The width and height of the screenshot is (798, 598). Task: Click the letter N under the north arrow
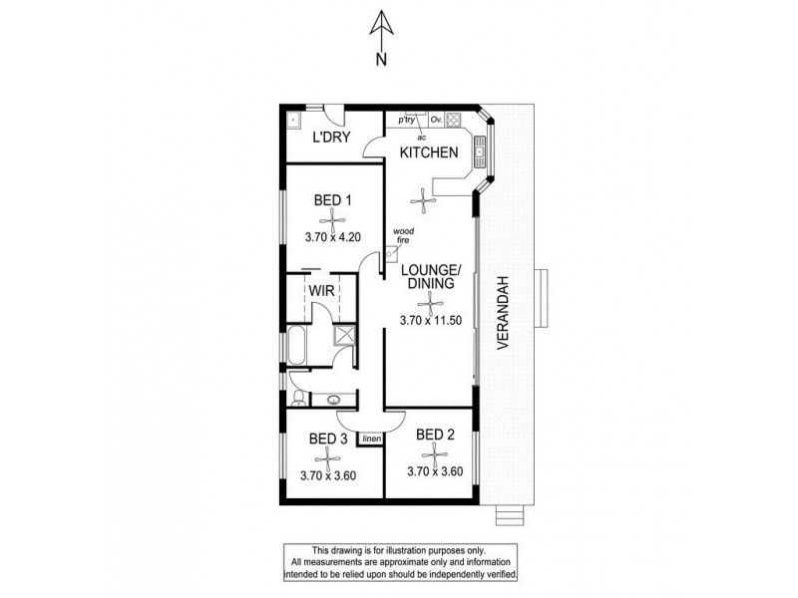[380, 59]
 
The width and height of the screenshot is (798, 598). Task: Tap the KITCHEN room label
[429, 152]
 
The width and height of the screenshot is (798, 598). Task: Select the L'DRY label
[330, 138]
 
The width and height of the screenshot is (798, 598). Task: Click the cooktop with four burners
[453, 121]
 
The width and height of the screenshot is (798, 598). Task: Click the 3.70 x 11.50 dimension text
[430, 321]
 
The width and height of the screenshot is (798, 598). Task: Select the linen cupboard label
[372, 438]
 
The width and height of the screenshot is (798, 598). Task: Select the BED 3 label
[328, 440]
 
